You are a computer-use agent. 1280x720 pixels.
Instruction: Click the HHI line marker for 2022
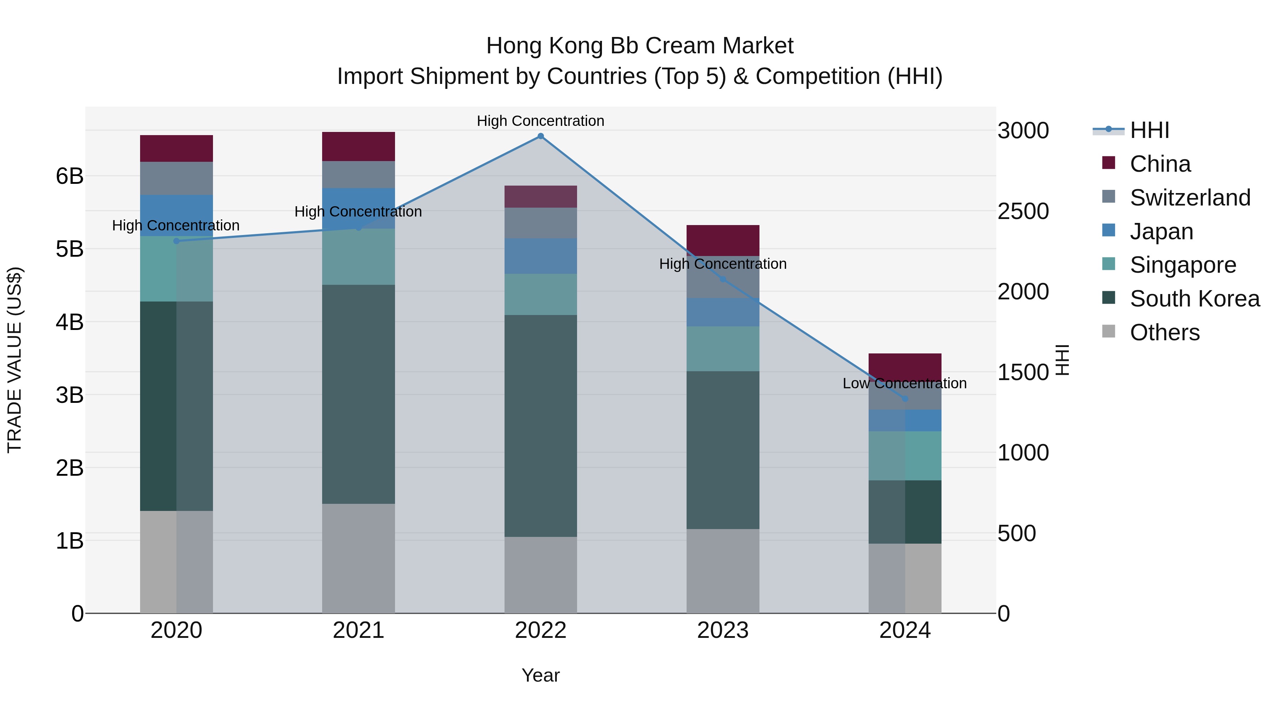tap(540, 136)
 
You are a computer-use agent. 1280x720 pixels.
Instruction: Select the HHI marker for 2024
tap(905, 399)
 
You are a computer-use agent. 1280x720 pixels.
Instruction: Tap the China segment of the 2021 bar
tap(358, 146)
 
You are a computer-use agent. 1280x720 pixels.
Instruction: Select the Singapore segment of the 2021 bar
tap(358, 256)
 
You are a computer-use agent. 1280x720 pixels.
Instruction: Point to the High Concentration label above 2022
tap(540, 121)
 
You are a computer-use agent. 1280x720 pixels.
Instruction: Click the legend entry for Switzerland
tap(1190, 197)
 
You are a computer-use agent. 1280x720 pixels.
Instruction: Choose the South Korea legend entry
tap(1195, 299)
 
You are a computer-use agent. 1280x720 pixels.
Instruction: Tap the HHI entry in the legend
tap(1149, 130)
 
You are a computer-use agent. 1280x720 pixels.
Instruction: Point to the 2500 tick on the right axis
tap(1023, 211)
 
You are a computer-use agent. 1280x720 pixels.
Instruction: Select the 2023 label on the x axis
tap(722, 630)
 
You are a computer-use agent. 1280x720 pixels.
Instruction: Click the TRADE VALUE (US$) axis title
tap(15, 360)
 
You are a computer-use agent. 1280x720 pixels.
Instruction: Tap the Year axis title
tap(540, 675)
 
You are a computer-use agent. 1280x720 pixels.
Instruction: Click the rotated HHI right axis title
tap(1062, 360)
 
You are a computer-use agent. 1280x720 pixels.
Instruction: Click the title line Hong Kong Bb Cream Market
tap(640, 46)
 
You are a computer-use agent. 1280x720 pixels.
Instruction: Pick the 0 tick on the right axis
tap(1004, 614)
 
